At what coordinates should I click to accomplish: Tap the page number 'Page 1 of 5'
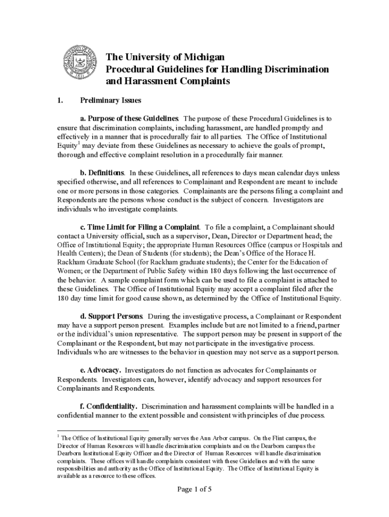[194, 489]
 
